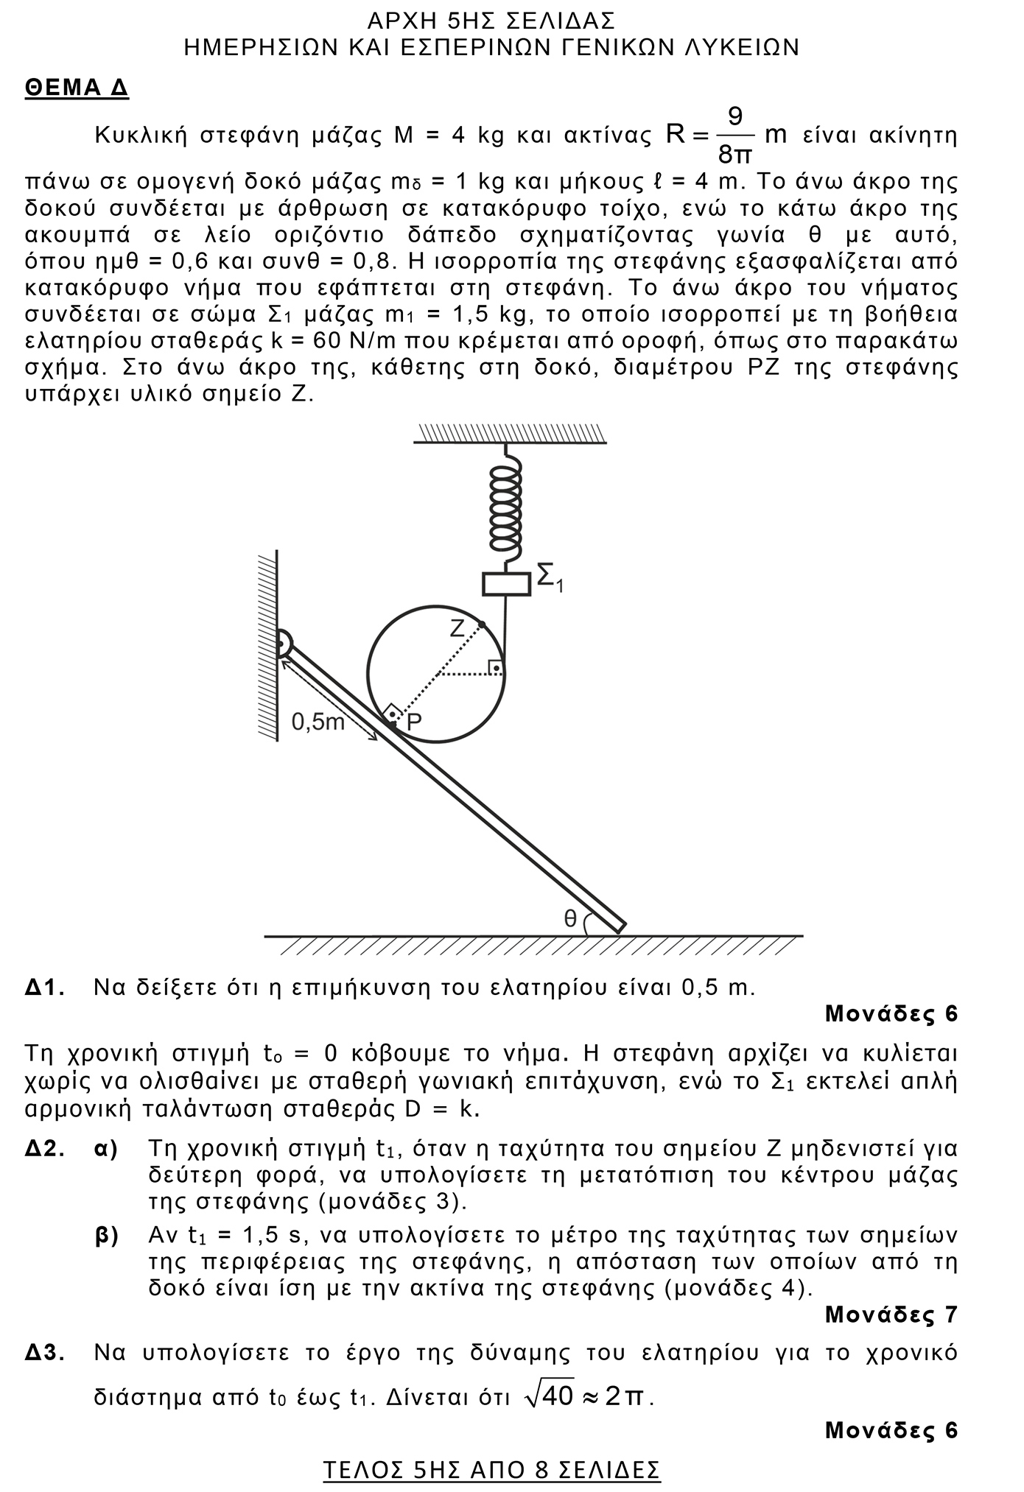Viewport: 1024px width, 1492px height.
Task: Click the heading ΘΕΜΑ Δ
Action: coord(77,88)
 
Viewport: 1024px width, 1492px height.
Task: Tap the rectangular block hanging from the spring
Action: coord(506,584)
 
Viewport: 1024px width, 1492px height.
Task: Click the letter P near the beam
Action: coord(413,722)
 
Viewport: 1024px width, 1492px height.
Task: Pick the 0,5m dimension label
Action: coord(318,722)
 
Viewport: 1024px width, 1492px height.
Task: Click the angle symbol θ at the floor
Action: coord(570,918)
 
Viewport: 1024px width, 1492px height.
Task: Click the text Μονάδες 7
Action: coord(891,1314)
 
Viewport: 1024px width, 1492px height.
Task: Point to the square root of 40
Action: coord(549,1395)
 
